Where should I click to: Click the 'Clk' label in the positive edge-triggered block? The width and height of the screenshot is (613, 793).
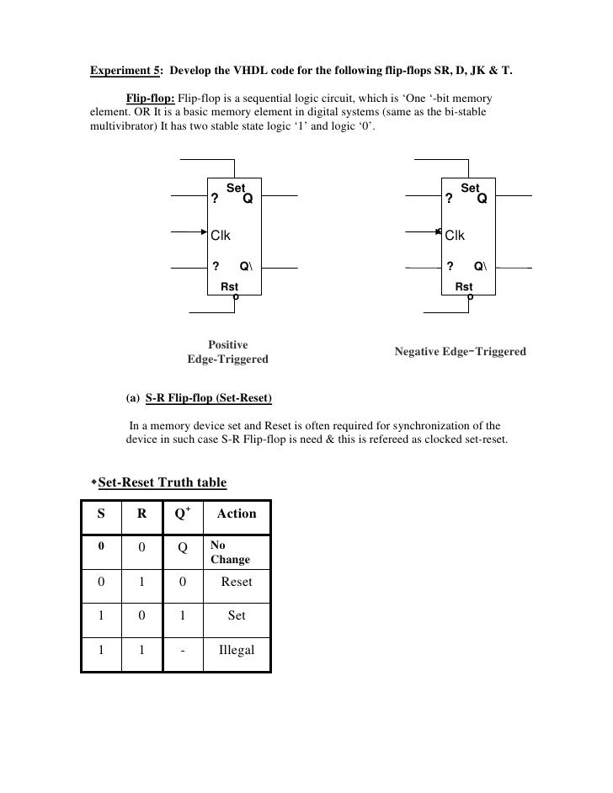pos(221,235)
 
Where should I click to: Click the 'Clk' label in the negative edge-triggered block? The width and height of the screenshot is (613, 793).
pos(455,235)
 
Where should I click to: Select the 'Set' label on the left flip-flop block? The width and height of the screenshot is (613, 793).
pos(235,189)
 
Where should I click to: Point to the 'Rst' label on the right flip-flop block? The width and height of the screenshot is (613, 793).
pos(464,287)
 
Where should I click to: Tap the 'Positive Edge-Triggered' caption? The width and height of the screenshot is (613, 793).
pos(227,352)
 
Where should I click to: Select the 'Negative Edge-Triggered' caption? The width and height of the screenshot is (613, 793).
pos(460,351)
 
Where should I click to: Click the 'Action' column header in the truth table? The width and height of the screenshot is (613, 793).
pos(236,514)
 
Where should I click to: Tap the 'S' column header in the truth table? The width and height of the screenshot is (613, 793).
pos(100,514)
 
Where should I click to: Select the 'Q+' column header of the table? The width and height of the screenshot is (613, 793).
pos(182,513)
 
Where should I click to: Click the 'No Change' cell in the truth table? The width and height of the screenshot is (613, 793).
pos(230,552)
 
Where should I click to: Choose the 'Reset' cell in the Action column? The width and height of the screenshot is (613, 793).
pos(237,582)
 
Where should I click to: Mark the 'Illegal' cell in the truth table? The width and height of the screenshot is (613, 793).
pos(237,651)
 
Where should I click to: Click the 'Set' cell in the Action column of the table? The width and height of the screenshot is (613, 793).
pos(237,616)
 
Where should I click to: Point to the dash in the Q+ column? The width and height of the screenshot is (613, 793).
pos(181,651)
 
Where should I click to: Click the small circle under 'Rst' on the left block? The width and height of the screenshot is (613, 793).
pos(235,296)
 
